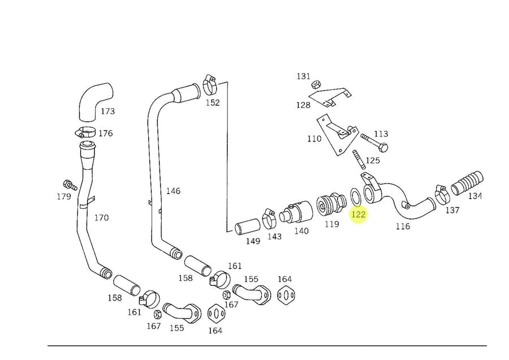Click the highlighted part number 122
click(x=359, y=215)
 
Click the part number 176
click(x=105, y=134)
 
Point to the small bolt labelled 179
click(x=70, y=185)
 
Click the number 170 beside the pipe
click(x=101, y=217)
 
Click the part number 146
click(x=173, y=191)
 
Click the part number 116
click(x=403, y=226)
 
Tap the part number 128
click(x=303, y=105)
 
